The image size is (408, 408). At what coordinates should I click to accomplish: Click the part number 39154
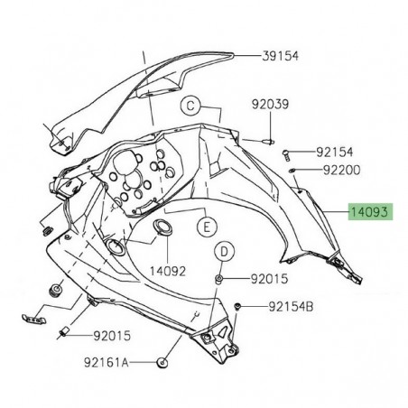click(280, 56)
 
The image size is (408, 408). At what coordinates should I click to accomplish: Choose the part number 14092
click(168, 269)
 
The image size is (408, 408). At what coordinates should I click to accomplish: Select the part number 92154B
click(291, 307)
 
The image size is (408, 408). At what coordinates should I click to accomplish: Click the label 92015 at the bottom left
click(111, 336)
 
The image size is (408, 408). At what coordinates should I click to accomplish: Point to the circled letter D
click(225, 251)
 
